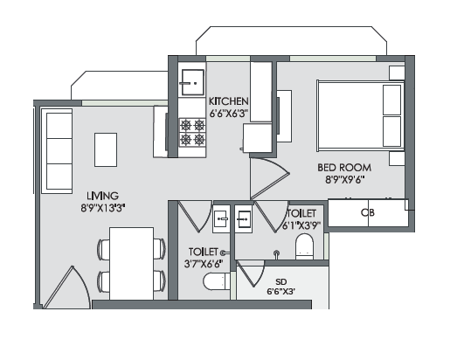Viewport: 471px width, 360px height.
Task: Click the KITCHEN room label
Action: point(229,101)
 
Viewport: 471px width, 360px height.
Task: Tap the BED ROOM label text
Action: point(344,167)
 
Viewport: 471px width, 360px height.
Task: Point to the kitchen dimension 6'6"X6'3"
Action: point(228,114)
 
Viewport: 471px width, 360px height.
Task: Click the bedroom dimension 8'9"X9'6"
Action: point(345,179)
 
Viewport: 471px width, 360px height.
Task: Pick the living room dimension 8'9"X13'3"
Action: point(103,208)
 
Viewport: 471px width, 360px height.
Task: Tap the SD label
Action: point(281,282)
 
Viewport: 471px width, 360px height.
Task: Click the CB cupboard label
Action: point(368,212)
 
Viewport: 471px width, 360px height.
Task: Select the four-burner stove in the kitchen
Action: point(192,132)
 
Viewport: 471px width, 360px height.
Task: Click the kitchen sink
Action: point(192,82)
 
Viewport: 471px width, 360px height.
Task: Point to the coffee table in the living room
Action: point(106,149)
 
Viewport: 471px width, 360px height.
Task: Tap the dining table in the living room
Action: point(132,264)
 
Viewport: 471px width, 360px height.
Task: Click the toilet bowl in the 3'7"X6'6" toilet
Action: point(217,281)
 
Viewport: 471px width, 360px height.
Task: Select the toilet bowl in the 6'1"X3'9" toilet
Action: point(304,246)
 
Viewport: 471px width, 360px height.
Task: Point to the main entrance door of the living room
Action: point(66,287)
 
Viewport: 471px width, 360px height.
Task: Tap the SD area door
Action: point(250,273)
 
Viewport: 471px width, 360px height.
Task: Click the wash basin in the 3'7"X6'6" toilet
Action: point(221,218)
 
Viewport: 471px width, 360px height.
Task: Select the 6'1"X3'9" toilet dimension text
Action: point(301,225)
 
